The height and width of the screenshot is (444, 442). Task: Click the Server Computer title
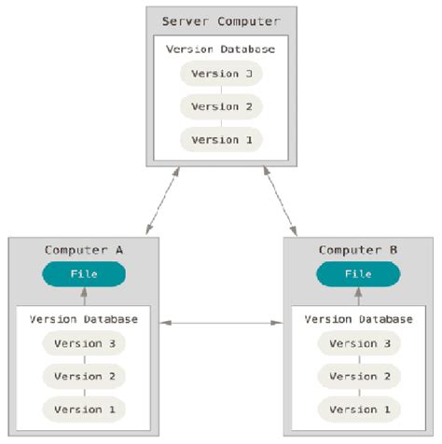click(221, 21)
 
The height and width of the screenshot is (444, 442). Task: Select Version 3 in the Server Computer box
click(221, 74)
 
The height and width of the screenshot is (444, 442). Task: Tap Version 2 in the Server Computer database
click(221, 106)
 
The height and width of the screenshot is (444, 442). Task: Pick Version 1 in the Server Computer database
click(221, 139)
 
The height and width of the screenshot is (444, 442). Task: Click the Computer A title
click(84, 250)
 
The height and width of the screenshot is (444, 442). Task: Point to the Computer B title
click(358, 250)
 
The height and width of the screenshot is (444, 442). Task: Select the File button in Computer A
click(84, 274)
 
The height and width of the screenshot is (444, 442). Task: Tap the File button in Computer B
click(358, 274)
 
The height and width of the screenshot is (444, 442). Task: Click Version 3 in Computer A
click(84, 343)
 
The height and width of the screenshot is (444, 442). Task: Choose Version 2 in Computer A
click(84, 376)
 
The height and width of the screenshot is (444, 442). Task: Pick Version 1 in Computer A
click(84, 409)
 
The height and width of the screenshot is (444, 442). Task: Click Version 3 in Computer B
click(358, 343)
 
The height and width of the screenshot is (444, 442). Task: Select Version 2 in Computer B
click(358, 376)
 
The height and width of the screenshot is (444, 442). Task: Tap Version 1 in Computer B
click(358, 409)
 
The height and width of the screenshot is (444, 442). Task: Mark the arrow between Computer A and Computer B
click(221, 324)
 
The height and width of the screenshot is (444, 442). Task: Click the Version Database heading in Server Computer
click(221, 49)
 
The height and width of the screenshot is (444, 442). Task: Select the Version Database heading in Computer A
click(84, 319)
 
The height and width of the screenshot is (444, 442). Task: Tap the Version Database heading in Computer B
click(358, 319)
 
